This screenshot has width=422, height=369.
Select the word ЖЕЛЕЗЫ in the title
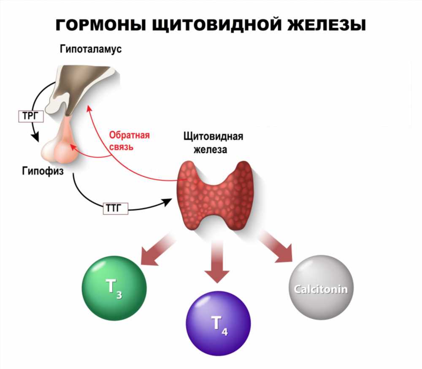327,25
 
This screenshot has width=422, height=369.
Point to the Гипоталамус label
91,49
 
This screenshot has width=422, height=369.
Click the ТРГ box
31,116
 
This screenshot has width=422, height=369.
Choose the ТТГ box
116,208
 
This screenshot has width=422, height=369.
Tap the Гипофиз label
43,171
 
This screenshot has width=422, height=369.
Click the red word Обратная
129,135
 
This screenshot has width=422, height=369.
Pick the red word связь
121,147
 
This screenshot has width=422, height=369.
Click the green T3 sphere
114,288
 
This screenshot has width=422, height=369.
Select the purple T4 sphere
218,323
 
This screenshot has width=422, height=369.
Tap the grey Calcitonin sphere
321,288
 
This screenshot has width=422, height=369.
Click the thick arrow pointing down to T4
217,261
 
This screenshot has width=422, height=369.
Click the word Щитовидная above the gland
214,136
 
